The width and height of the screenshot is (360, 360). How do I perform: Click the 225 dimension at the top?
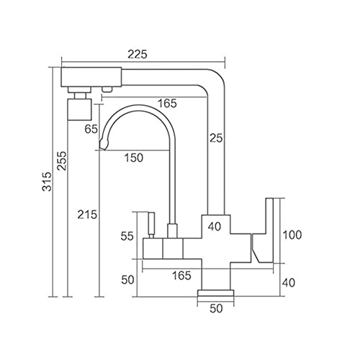(137, 55)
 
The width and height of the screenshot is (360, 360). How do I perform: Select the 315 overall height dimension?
(47, 181)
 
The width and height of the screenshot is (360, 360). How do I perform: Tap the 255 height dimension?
(61, 161)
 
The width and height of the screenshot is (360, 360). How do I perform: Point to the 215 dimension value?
(87, 215)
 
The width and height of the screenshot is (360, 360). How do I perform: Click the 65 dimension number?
(91, 129)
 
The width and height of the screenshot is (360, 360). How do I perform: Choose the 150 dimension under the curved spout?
(134, 158)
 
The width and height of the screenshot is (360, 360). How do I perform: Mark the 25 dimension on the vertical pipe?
(216, 138)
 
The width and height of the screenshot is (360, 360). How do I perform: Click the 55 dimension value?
(127, 236)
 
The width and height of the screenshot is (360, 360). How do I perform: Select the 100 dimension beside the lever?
(292, 235)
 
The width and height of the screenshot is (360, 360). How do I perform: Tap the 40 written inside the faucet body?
(215, 226)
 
